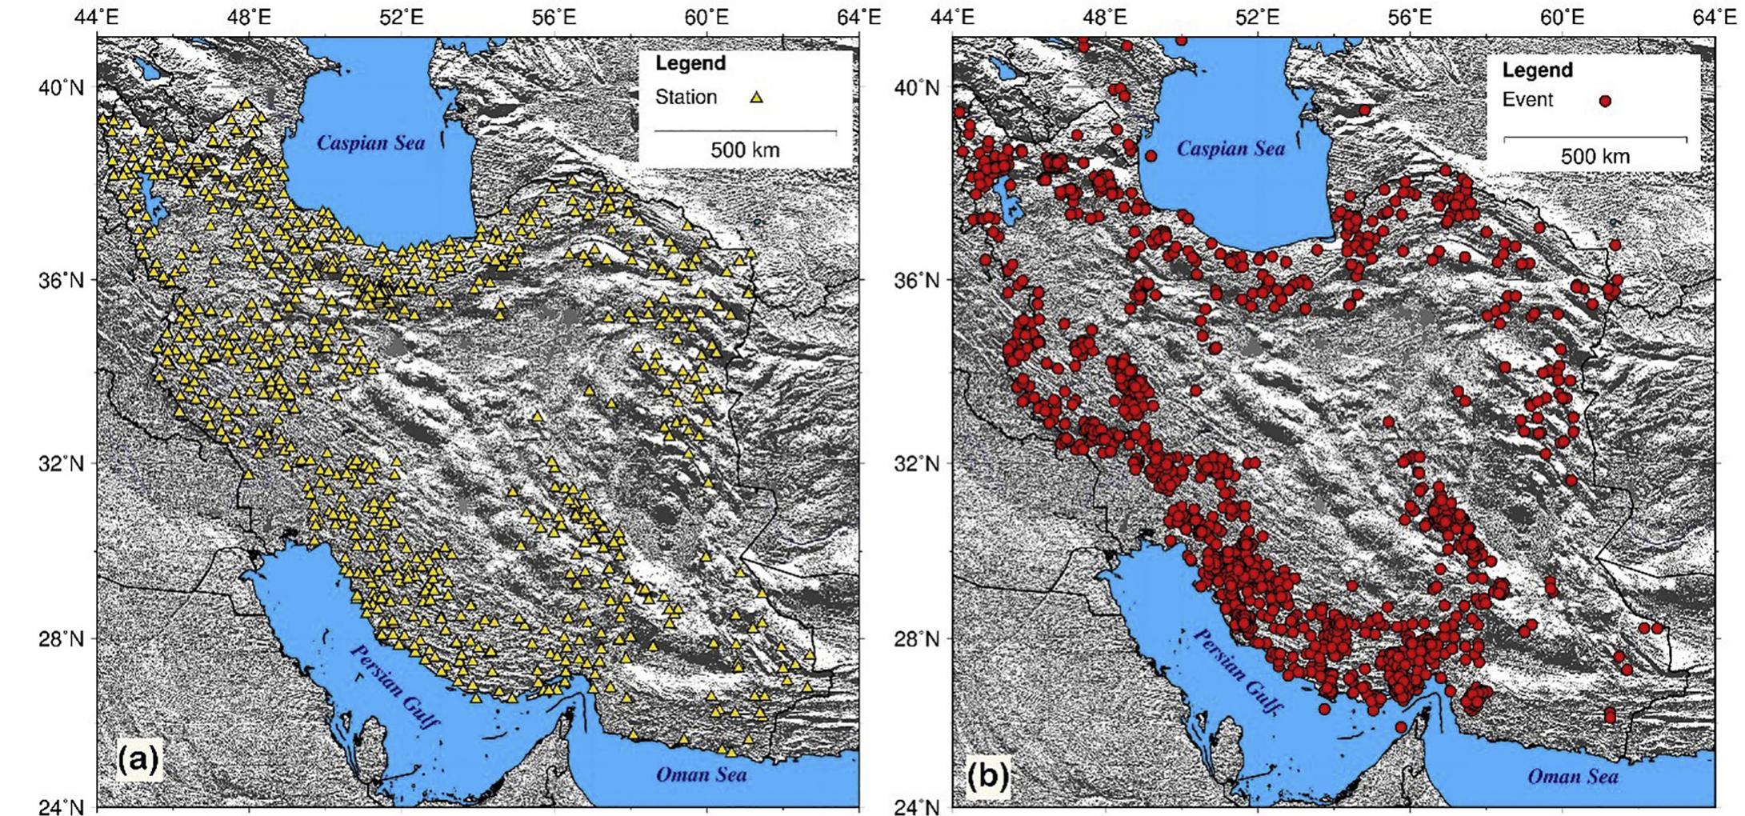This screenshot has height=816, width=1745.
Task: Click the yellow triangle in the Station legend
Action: coord(756,98)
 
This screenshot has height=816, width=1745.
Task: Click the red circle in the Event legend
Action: coord(1604,101)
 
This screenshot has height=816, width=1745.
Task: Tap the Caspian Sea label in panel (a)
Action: coord(370,143)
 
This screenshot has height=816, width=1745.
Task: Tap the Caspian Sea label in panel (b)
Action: coord(1230,149)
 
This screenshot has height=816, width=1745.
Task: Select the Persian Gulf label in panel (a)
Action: coord(394,686)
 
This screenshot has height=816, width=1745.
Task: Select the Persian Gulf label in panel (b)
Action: coord(1238,672)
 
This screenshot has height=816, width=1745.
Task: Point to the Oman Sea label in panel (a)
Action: coord(701,774)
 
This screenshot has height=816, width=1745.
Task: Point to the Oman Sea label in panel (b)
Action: coord(1572,777)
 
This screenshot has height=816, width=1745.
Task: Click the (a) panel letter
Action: coord(138,759)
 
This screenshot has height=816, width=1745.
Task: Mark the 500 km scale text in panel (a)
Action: coord(745,150)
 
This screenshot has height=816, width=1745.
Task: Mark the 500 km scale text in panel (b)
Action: coord(1595,157)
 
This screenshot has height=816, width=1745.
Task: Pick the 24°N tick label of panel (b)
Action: coord(917,806)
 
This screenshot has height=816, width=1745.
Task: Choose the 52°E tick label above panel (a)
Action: coord(402,15)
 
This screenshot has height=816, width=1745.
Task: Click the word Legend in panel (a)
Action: coord(690,63)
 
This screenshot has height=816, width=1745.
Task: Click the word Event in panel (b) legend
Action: coord(1527,100)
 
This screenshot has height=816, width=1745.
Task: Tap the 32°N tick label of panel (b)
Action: coord(917,464)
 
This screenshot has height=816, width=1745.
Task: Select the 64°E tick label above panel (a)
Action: coord(858,15)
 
